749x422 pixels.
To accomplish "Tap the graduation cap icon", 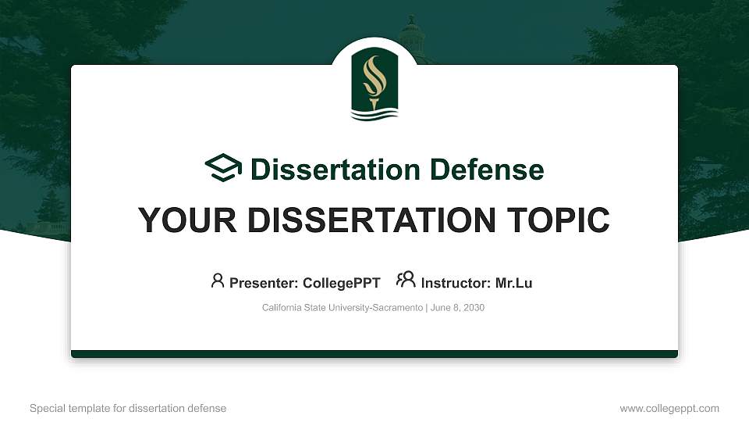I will tap(223, 168).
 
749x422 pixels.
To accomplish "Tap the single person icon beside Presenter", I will tap(218, 280).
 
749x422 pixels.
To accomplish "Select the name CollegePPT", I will tap(341, 283).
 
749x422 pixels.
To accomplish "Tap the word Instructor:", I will tap(456, 283).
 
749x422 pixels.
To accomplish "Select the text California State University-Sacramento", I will tap(343, 308).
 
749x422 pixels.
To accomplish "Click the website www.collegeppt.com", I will tap(669, 408).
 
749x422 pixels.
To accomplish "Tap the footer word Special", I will tap(45, 408).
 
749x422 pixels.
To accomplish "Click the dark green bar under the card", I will tap(374, 354).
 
